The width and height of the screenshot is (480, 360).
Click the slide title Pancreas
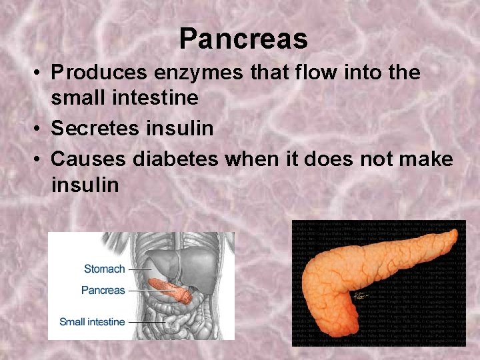pos(243,39)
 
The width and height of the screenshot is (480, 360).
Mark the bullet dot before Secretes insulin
pos(39,129)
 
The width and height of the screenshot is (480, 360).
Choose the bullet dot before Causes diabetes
pos(39,160)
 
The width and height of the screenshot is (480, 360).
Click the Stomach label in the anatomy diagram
pos(104,269)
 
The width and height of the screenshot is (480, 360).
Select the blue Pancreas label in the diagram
pos(103,291)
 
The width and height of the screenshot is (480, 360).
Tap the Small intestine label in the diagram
pos(92,322)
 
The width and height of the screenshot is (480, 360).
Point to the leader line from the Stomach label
pos(140,269)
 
